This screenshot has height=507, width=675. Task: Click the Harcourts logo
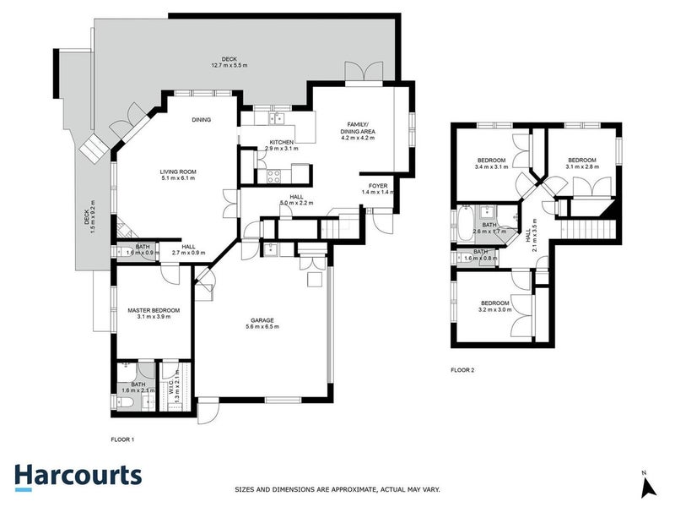click(x=78, y=476)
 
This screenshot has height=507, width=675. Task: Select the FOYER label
click(x=377, y=188)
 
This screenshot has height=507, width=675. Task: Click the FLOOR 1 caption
click(x=122, y=439)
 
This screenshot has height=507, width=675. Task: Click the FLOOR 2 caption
click(x=462, y=369)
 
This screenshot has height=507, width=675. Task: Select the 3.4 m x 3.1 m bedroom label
click(x=490, y=164)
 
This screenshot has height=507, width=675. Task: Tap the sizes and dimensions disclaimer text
click(x=337, y=489)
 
